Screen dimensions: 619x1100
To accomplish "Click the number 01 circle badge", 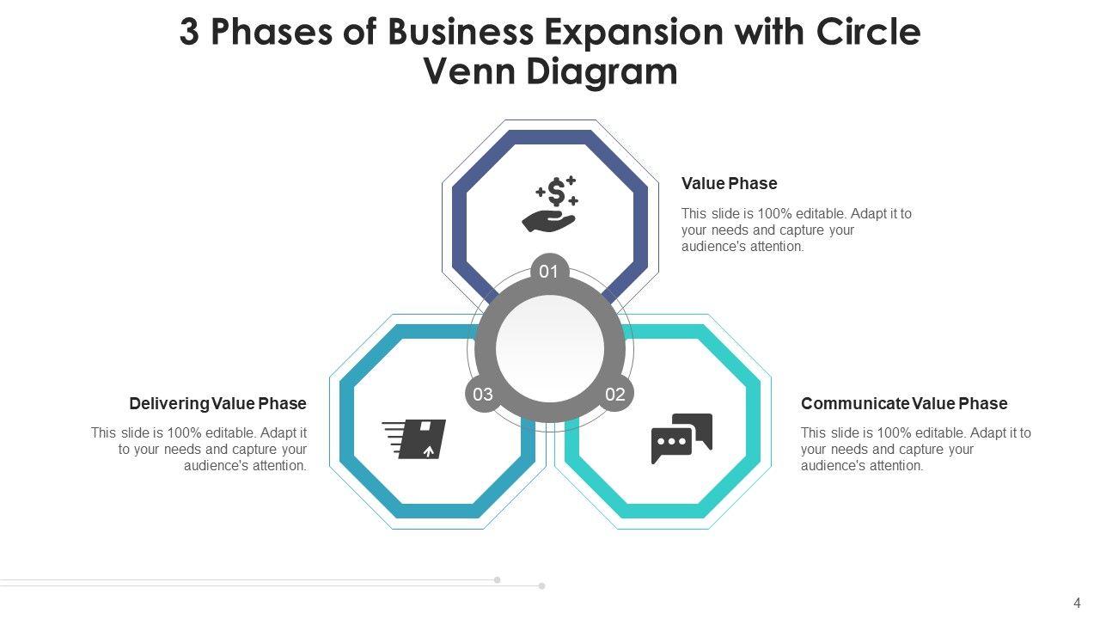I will [x=549, y=273].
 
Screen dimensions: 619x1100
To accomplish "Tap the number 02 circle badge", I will [x=615, y=395].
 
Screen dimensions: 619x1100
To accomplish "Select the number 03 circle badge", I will [x=483, y=395].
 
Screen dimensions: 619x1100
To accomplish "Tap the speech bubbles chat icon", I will [x=681, y=438].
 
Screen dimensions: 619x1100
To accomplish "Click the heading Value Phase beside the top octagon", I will [x=729, y=183].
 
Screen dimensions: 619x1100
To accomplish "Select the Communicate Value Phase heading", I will [x=904, y=403].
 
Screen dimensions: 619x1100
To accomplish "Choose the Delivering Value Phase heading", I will [x=217, y=403].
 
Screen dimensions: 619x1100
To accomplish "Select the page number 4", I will [x=1077, y=604].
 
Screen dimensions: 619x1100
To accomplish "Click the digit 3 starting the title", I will [x=189, y=33].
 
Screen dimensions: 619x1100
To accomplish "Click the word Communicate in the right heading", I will [x=854, y=403].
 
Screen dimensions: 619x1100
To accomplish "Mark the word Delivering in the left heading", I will [x=169, y=403].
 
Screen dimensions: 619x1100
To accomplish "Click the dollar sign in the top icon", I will [x=557, y=191].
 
